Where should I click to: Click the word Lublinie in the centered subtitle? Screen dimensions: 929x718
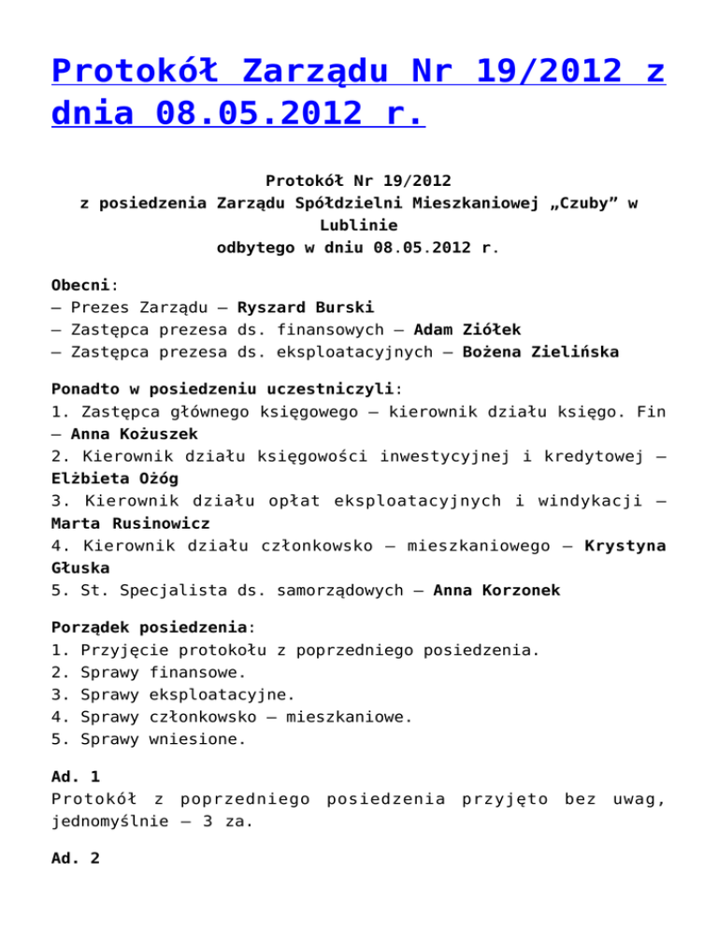358,225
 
